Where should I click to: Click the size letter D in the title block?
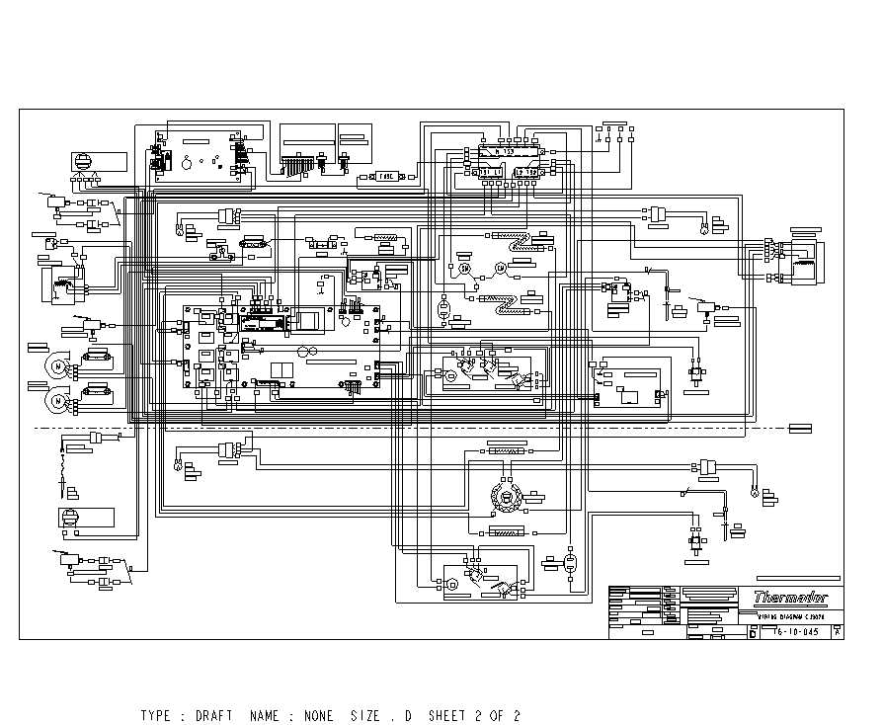754,631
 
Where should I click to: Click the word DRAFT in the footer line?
213,715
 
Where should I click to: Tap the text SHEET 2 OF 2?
474,715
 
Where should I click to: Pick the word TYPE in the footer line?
156,715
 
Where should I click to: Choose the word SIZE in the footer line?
365,715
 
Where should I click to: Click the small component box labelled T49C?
386,176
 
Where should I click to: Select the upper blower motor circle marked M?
58,367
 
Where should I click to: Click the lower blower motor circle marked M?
58,400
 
